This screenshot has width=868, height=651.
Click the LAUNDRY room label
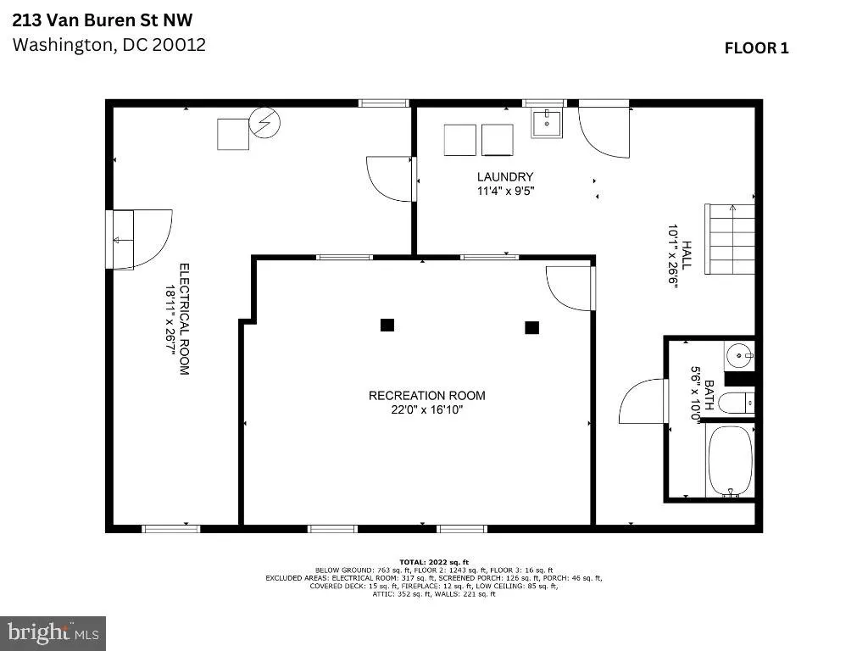[x=505, y=176]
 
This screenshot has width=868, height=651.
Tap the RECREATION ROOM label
[x=427, y=396]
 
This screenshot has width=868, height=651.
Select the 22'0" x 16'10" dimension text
[x=427, y=410]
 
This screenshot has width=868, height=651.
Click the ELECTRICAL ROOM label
[x=184, y=320]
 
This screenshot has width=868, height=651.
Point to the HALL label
[x=687, y=255]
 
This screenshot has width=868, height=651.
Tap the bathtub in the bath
[x=730, y=460]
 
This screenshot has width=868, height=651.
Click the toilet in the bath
[x=739, y=403]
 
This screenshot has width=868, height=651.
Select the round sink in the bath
[x=739, y=356]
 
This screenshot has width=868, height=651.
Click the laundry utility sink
[x=547, y=123]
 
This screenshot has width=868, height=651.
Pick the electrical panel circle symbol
[x=264, y=122]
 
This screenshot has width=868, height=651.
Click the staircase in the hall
[x=730, y=239]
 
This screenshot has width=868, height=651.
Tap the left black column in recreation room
[x=387, y=325]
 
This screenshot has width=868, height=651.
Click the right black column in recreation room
[x=532, y=328]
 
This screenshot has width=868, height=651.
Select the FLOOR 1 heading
[x=756, y=48]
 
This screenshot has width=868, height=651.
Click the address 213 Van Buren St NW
[x=103, y=20]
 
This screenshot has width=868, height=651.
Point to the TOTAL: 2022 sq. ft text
[x=434, y=563]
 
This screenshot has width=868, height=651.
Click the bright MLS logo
[x=53, y=633]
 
